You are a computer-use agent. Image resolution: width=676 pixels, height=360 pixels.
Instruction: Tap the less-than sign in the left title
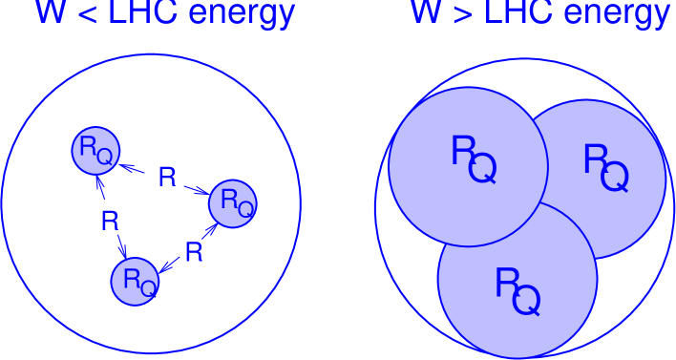click(84, 14)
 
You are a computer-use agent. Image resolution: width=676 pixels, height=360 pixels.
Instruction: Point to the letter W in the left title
click(51, 12)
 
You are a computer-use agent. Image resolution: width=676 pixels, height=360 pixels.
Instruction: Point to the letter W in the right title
click(426, 12)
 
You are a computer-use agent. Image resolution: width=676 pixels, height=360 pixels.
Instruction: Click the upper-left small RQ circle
click(96, 150)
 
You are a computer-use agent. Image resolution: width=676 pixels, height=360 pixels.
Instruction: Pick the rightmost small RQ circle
click(233, 203)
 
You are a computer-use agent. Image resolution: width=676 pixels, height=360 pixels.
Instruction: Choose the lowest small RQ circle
click(136, 280)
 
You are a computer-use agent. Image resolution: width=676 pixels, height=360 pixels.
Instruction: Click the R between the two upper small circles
click(167, 178)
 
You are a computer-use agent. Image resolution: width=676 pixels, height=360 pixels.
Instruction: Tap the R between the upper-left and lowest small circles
click(110, 222)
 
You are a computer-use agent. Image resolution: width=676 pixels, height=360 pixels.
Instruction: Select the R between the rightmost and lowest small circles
click(194, 252)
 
